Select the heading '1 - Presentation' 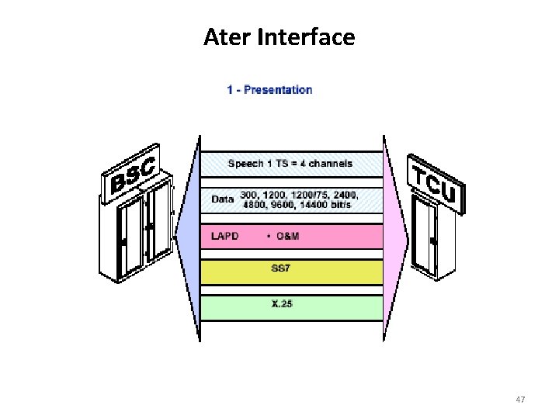[x=269, y=89]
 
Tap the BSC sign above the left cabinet [x=133, y=172]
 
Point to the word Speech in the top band [x=247, y=163]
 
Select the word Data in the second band [x=223, y=199]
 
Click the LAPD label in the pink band [x=225, y=236]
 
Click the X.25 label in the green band [x=282, y=304]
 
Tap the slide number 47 [x=521, y=400]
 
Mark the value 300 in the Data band [x=248, y=194]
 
